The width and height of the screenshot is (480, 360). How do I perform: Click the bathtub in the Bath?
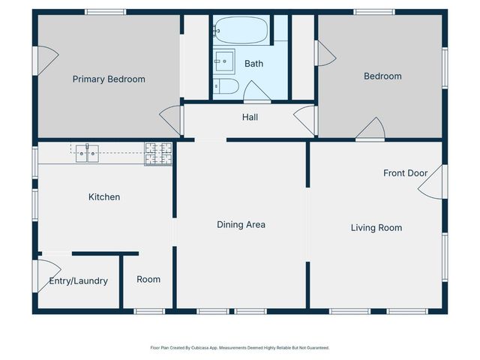click(241, 30)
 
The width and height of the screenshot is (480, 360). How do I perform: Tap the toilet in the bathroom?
click(226, 86)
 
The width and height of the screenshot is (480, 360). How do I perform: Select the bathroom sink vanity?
click(224, 61)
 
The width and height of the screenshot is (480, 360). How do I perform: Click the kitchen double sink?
click(87, 153)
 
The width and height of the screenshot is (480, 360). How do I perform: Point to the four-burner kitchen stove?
click(158, 154)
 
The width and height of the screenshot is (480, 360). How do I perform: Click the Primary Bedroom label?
click(109, 79)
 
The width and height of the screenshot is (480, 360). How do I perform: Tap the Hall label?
click(250, 117)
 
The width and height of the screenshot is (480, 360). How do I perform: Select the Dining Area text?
click(241, 225)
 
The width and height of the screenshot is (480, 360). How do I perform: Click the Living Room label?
click(376, 228)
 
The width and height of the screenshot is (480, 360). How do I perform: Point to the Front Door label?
click(405, 173)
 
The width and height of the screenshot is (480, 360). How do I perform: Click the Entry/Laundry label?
click(78, 281)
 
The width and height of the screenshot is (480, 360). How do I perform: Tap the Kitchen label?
click(104, 196)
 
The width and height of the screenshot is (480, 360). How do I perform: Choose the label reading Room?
click(148, 280)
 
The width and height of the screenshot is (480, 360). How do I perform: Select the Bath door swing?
click(256, 91)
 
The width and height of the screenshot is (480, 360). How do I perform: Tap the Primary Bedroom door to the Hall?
click(170, 120)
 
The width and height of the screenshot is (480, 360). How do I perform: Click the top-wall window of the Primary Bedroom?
click(105, 12)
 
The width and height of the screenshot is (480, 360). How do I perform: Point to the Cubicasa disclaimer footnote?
click(240, 348)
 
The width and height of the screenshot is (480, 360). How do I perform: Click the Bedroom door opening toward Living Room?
click(370, 128)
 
